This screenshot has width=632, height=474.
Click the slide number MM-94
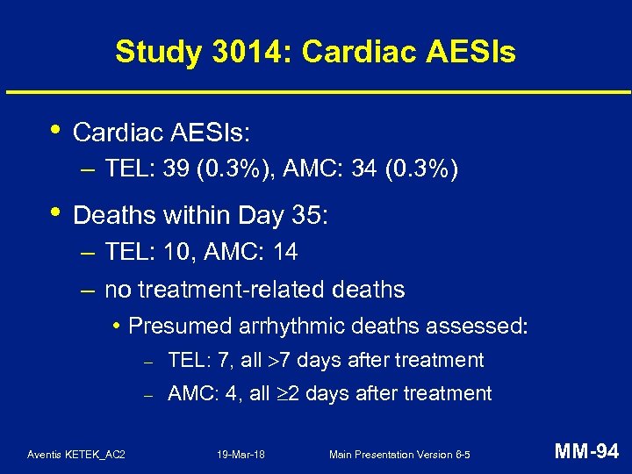pyautogui.click(x=588, y=452)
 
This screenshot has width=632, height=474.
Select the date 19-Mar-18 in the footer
pyautogui.click(x=241, y=454)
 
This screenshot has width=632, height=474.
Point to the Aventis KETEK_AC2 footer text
pyautogui.click(x=76, y=454)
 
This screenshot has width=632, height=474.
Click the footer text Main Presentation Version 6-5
pyautogui.click(x=399, y=454)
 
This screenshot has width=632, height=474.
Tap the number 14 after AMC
pyautogui.click(x=285, y=253)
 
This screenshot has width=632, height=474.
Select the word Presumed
pyautogui.click(x=180, y=327)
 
